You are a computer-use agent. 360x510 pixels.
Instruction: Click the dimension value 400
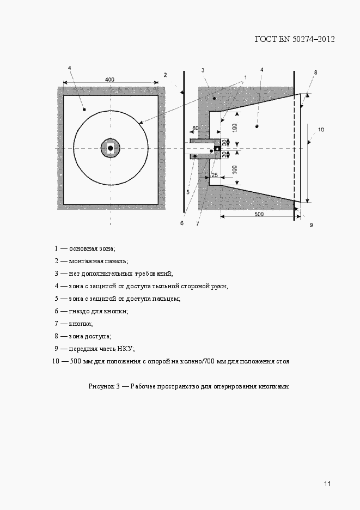110,80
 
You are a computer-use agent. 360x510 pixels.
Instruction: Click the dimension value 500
259,214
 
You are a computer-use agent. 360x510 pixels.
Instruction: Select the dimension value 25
214,174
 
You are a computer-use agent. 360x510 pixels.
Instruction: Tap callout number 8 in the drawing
315,72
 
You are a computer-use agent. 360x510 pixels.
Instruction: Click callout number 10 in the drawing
321,130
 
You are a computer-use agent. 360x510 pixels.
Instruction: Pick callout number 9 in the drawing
312,224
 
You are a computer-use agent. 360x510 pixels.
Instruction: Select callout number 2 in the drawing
165,75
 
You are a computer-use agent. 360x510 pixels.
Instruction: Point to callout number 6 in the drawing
182,223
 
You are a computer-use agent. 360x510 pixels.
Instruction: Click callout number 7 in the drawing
198,223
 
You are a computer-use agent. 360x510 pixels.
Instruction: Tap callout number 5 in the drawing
187,192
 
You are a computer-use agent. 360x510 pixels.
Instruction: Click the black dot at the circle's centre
111,148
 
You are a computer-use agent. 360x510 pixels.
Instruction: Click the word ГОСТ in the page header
266,39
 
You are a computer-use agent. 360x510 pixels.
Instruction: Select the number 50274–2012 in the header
314,39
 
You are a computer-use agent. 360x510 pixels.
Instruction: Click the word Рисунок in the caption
101,386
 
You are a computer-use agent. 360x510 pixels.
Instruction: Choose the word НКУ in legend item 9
125,349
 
